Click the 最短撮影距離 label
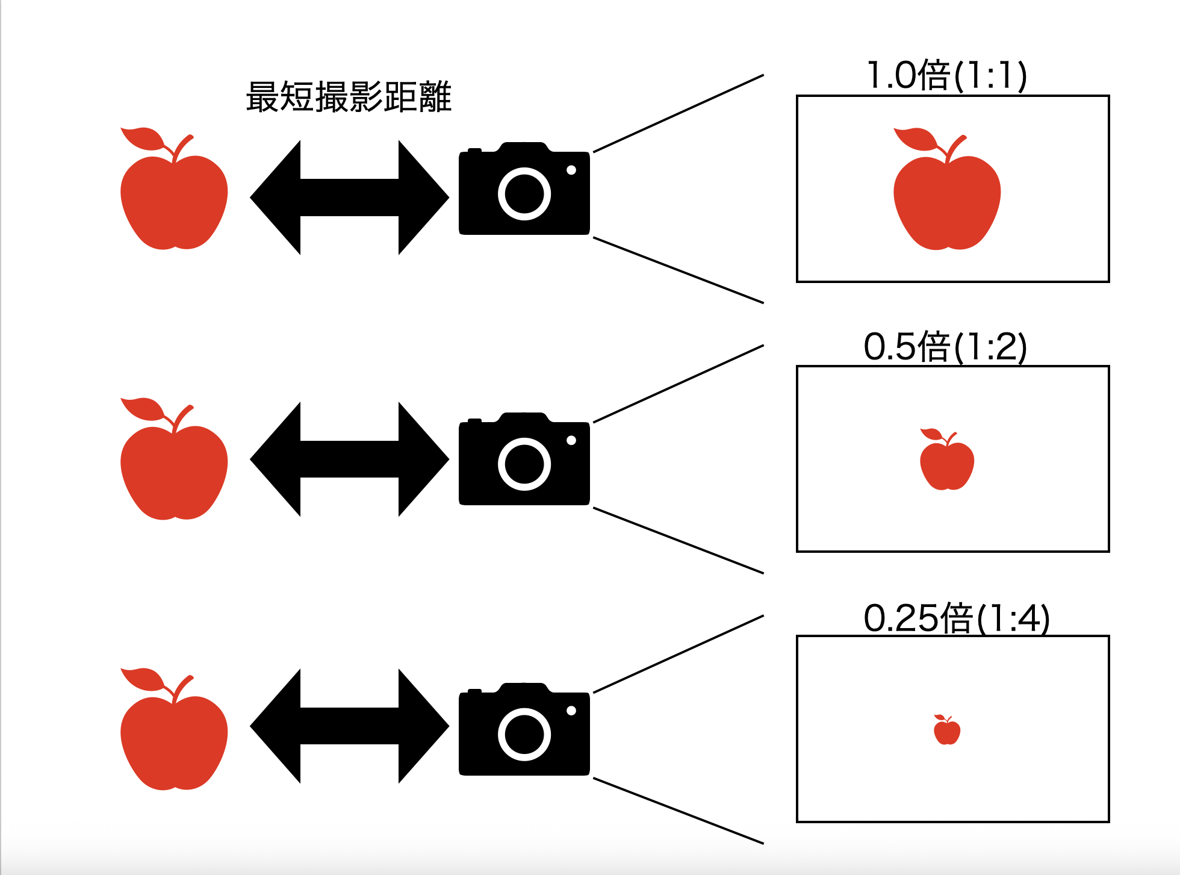point(349,97)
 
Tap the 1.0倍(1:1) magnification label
point(946,76)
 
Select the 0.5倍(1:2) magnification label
point(945,347)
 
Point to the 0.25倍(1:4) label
point(956,618)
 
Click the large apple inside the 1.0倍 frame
point(946,199)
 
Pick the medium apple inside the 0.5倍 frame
point(946,464)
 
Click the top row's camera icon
point(524,190)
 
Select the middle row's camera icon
point(524,460)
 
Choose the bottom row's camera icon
point(524,730)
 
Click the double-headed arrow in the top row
point(349,197)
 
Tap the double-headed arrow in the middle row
point(349,459)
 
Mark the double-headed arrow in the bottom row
point(349,726)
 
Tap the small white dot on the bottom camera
point(571,711)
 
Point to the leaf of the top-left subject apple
point(142,139)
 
